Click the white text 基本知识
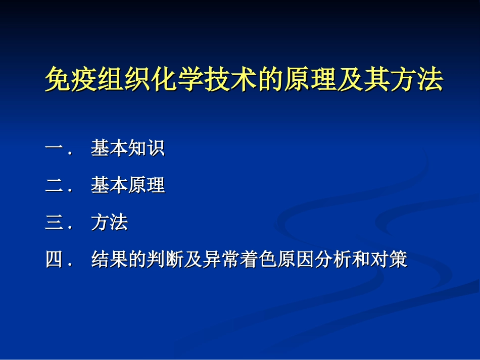128,149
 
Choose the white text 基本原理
128,186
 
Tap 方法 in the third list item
110,223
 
